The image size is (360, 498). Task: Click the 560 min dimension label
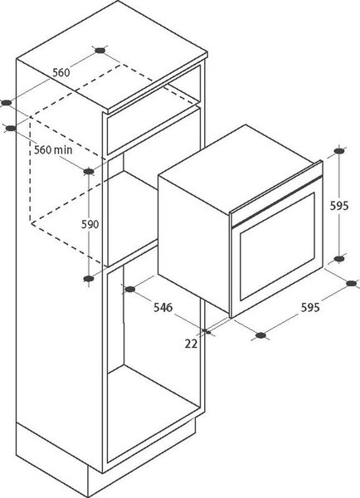coord(53,149)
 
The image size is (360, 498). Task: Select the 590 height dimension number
coord(90,224)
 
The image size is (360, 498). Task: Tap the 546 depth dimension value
coord(163,307)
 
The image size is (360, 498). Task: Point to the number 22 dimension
coord(191,344)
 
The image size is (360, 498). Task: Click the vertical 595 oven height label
coord(339,206)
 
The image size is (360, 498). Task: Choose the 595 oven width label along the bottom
coord(310,307)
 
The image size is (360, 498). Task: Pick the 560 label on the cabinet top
coord(61,73)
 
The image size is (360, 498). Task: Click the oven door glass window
coord(277,247)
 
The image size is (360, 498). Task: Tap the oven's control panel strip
coord(275,193)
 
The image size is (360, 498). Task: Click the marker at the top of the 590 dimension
coord(89,172)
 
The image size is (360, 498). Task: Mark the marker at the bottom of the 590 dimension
coord(89,279)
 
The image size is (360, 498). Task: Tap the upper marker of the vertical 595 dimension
coord(339,151)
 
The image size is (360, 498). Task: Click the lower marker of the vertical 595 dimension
coord(339,259)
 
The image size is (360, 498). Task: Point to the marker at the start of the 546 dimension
coord(130,289)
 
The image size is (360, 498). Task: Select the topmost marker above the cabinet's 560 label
coord(100,50)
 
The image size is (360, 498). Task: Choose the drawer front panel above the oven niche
coord(154,131)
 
